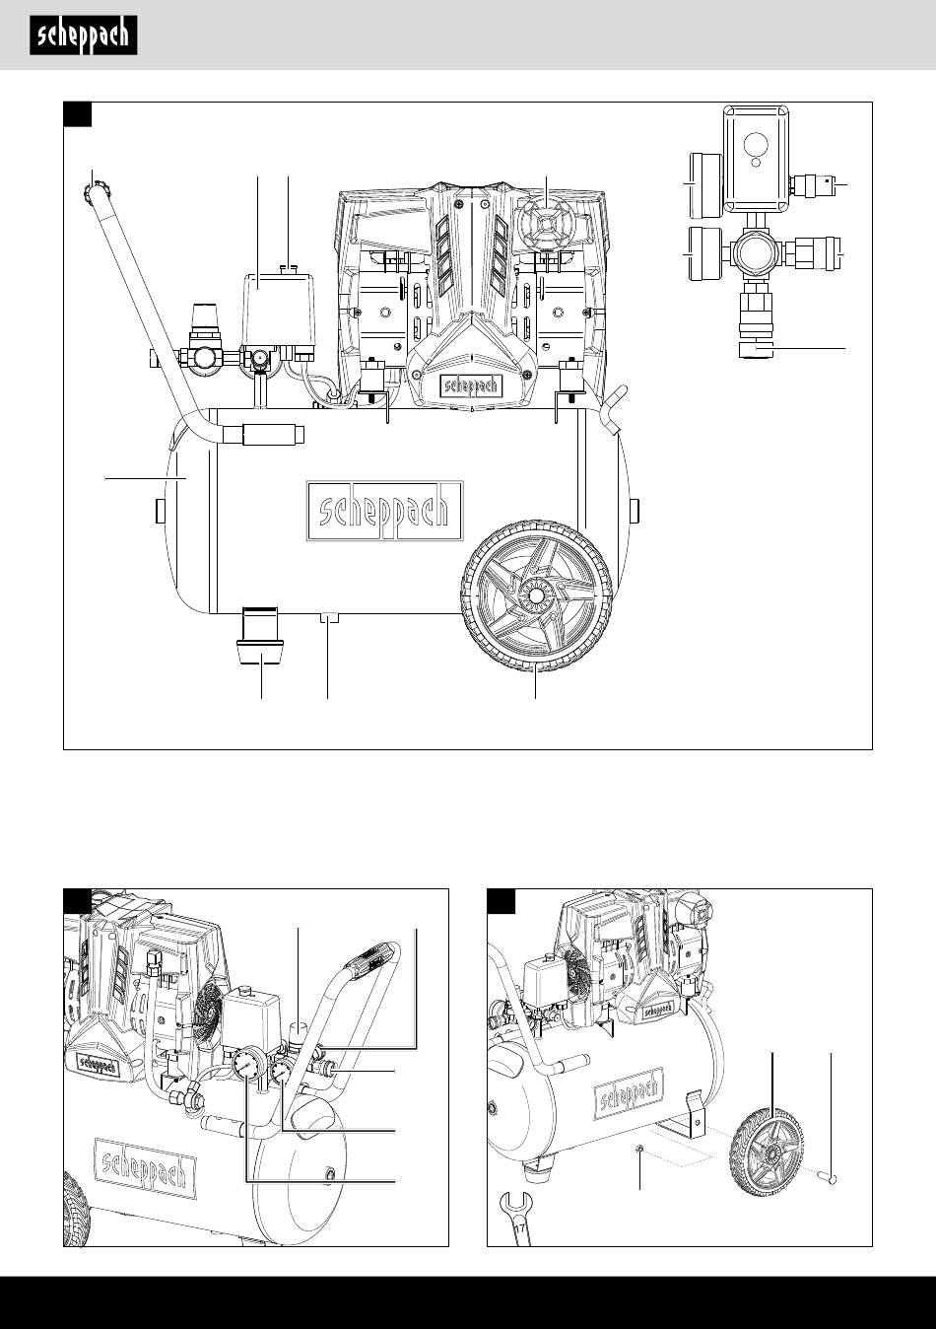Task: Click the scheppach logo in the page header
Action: point(83,37)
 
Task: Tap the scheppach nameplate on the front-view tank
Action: point(384,513)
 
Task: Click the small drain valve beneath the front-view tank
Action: point(328,619)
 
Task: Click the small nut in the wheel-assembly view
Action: point(641,1149)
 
